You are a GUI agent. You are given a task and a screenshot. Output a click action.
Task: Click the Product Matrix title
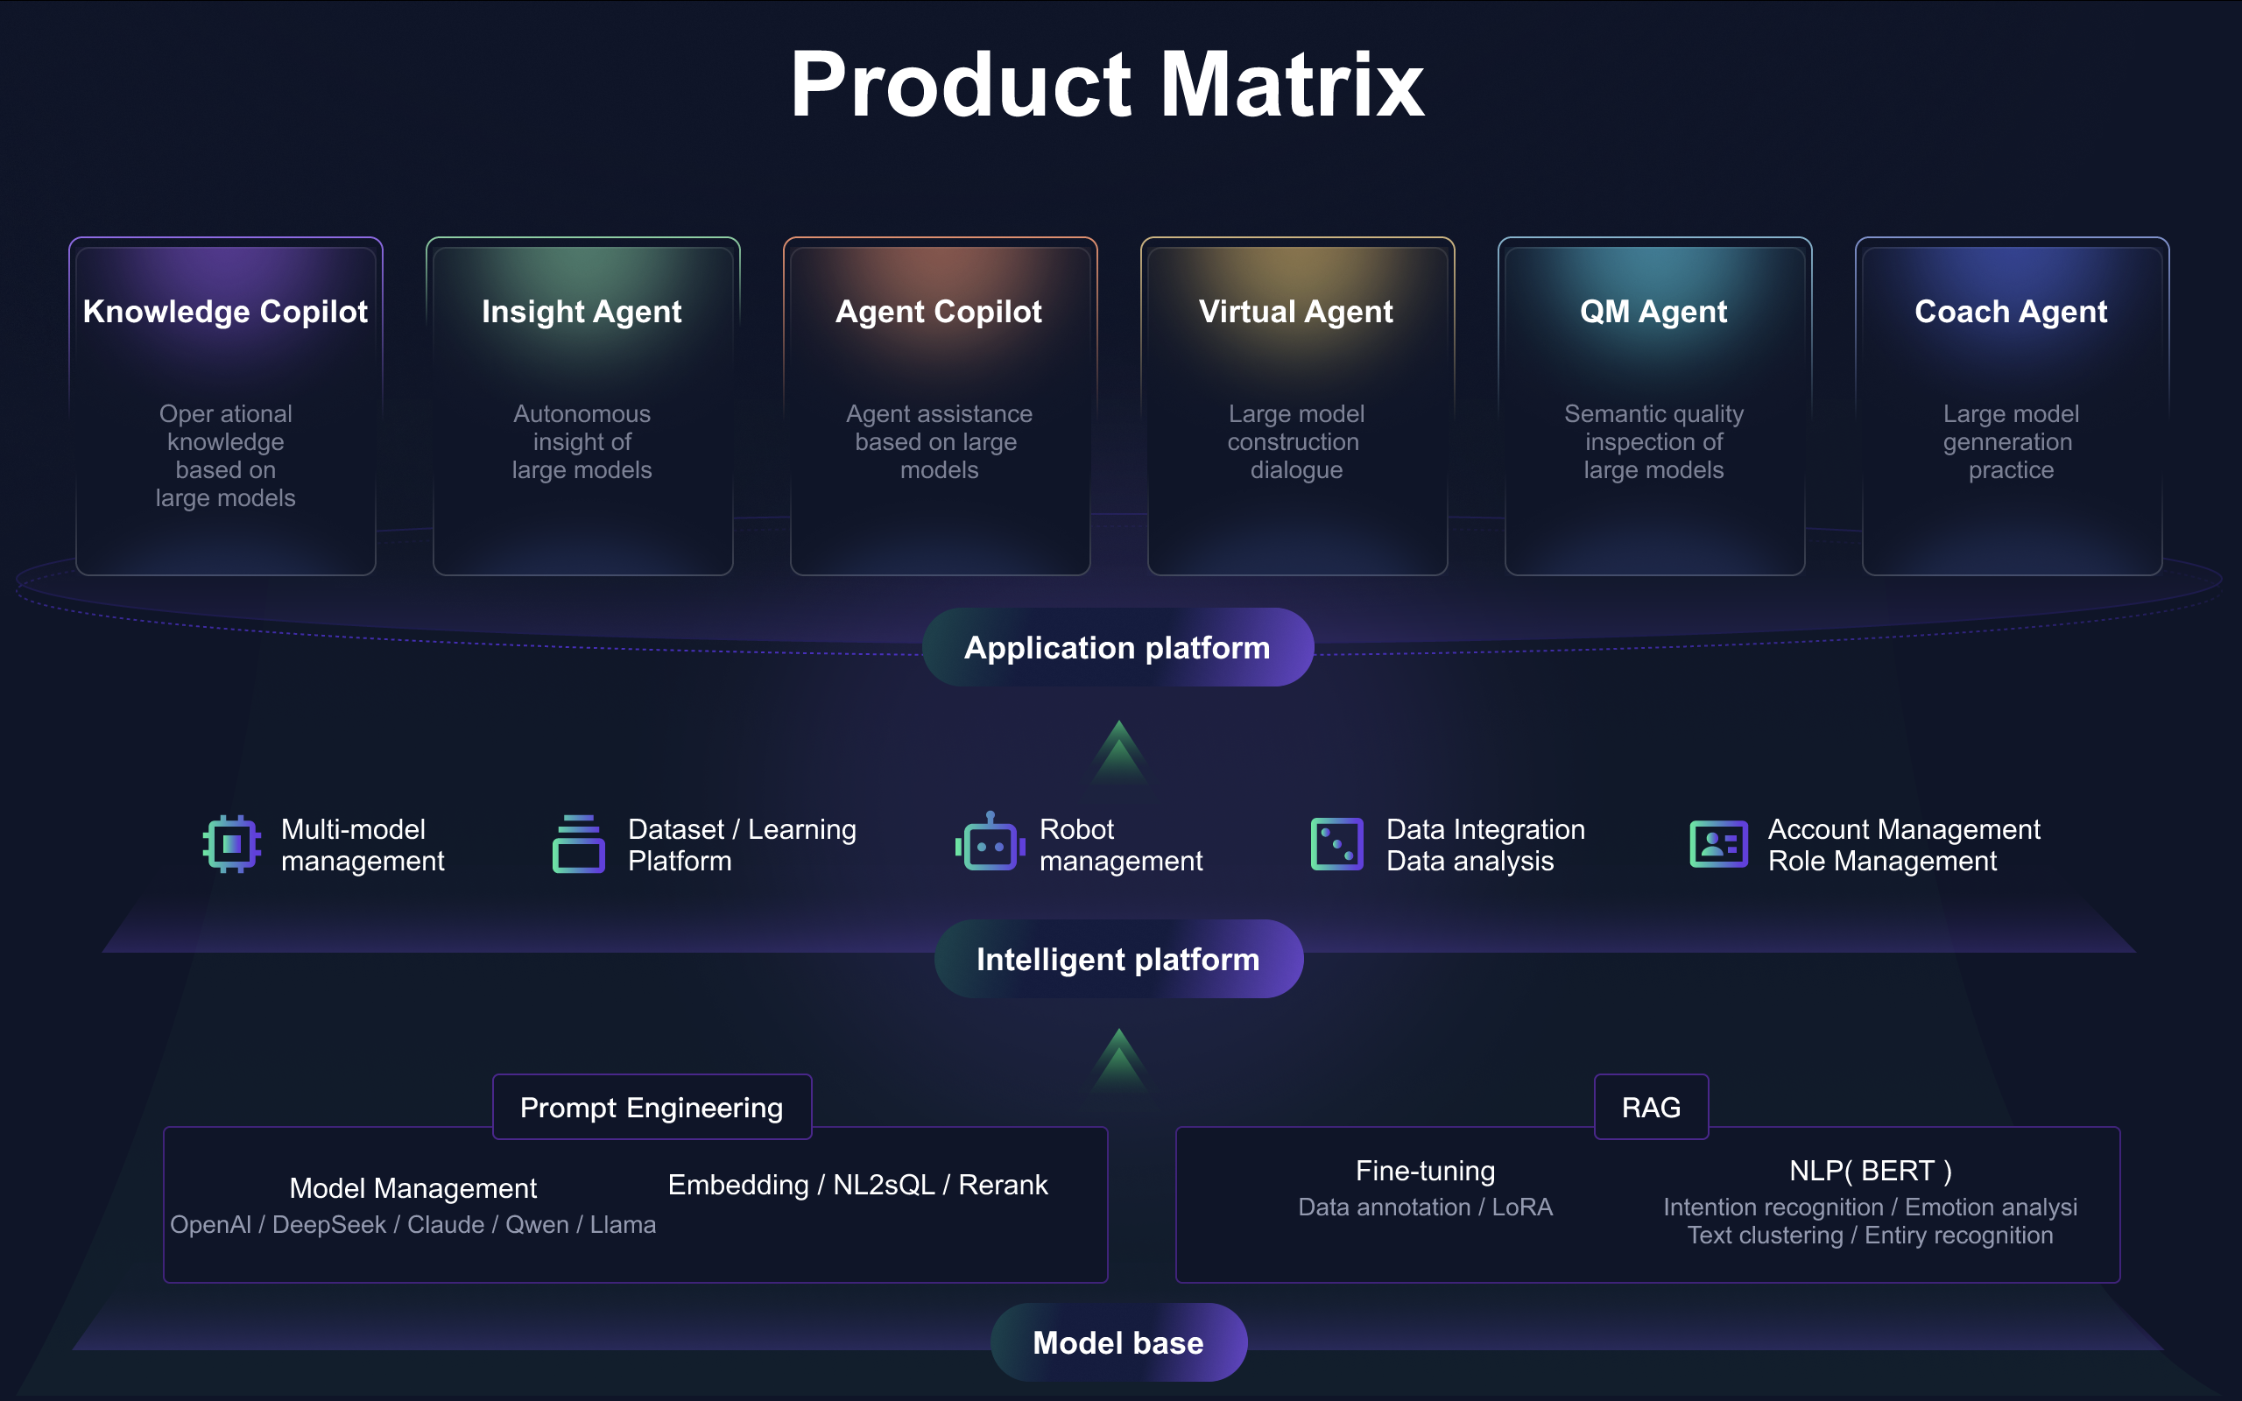(x=1106, y=85)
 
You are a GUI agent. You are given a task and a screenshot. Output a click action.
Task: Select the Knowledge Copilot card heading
(x=225, y=312)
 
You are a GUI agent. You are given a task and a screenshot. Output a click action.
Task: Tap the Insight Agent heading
(x=582, y=312)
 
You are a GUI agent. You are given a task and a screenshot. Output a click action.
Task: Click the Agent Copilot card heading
(x=939, y=312)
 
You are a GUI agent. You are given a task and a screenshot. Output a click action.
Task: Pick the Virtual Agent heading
(x=1295, y=312)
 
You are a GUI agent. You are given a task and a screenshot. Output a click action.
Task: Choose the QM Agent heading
(x=1653, y=312)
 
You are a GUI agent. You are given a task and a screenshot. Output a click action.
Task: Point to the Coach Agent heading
(x=2011, y=312)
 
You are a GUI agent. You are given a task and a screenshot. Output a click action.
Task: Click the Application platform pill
(x=1117, y=648)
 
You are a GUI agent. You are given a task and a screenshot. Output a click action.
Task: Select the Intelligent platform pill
(x=1118, y=959)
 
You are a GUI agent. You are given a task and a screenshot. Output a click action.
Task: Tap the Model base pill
(x=1118, y=1342)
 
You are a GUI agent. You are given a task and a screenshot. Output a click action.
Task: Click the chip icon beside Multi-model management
(x=231, y=844)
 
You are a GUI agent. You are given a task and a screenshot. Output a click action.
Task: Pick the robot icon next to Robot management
(x=990, y=843)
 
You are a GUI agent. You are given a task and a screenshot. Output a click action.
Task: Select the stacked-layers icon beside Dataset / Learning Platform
(x=579, y=844)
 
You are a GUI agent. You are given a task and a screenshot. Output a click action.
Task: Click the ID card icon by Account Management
(x=1718, y=844)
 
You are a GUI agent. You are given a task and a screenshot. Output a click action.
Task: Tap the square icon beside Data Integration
(x=1336, y=844)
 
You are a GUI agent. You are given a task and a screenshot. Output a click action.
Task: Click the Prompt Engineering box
(x=652, y=1108)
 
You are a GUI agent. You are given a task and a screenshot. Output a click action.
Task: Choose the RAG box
(x=1651, y=1108)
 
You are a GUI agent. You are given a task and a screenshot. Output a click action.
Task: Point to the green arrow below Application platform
(x=1119, y=752)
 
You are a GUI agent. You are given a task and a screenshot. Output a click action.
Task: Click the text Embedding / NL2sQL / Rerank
(x=858, y=1185)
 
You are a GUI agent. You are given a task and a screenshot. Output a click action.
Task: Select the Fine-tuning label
(x=1425, y=1172)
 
